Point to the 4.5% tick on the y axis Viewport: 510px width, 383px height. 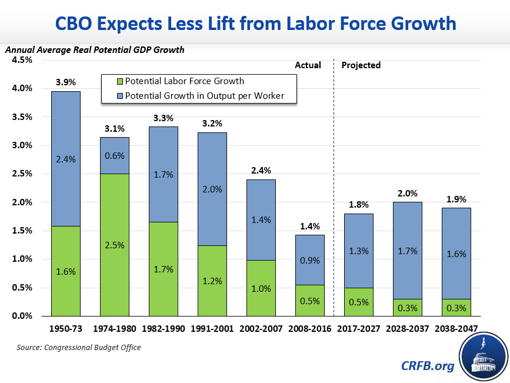pos(22,60)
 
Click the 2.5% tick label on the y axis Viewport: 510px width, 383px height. pos(22,174)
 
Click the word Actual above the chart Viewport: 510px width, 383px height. pos(308,65)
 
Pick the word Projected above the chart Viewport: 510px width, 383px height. pos(362,65)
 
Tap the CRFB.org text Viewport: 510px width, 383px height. pos(428,366)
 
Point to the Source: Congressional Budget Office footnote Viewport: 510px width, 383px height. pos(79,348)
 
